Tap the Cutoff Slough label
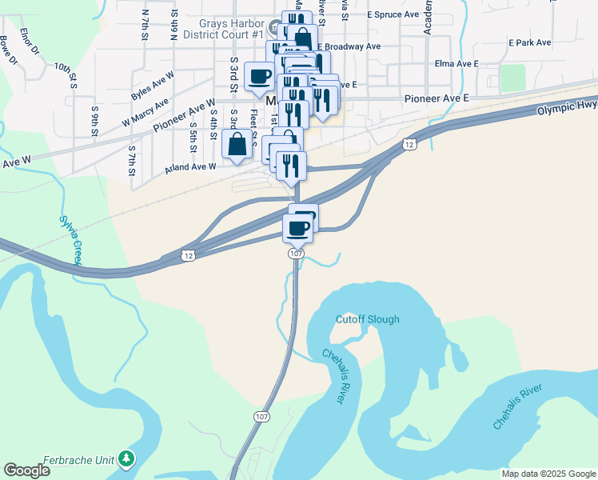pos(368,319)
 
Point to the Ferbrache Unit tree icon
pos(126,458)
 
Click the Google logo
pos(26,470)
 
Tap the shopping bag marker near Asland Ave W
pos(237,146)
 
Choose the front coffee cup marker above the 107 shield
pos(298,229)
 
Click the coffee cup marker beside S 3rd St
pos(260,78)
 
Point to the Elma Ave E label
pos(454,62)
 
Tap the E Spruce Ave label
pos(393,14)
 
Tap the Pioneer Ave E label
pos(436,98)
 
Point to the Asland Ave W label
pos(190,166)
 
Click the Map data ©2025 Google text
pos(548,474)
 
